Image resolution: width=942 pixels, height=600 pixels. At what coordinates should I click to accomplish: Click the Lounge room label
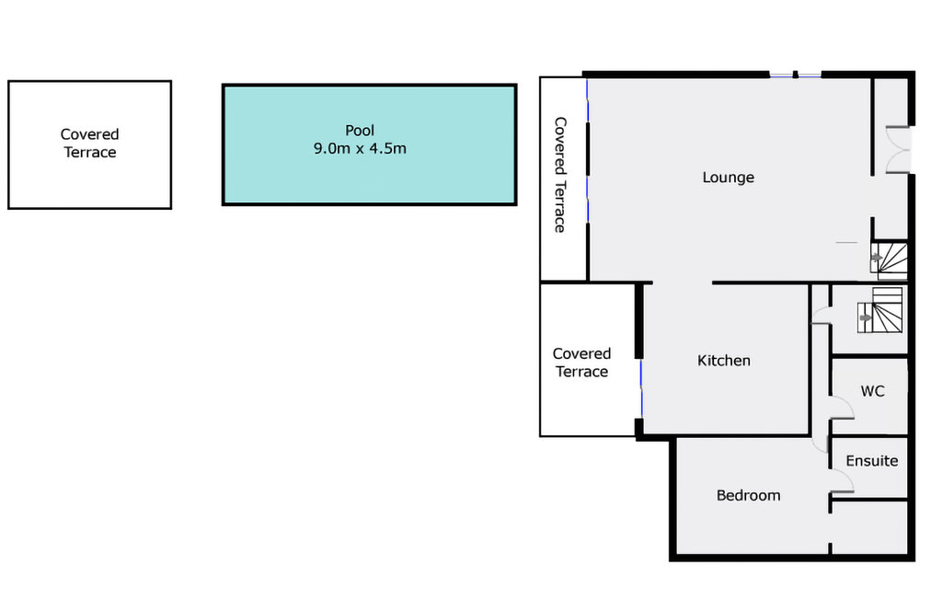coord(729,178)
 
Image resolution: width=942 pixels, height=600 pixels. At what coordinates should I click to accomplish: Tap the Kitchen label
coord(724,360)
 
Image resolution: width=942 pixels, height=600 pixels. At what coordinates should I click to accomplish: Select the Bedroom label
coord(749,495)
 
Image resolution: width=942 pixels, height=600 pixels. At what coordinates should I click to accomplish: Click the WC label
coord(872,391)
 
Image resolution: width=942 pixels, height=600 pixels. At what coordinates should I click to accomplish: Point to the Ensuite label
coord(872,461)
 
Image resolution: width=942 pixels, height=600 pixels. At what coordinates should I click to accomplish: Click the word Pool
coord(360,131)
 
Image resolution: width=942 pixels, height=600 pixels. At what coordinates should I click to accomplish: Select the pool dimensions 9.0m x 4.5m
coord(360,148)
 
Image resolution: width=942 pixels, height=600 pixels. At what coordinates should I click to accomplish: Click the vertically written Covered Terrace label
coord(560,175)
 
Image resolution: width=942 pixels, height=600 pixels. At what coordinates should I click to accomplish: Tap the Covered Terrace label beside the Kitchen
coord(581,363)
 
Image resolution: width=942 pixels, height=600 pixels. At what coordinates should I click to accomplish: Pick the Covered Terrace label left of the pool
coord(89,143)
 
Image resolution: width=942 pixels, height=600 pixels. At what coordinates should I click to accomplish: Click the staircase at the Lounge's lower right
coord(890,260)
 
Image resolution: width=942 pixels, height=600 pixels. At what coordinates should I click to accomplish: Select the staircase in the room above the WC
coord(880,310)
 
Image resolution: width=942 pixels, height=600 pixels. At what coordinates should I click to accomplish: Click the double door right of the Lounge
coord(899,150)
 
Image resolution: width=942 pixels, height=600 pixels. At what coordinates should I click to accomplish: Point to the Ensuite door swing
coord(843,480)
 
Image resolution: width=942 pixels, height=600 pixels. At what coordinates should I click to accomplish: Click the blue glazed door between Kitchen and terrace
coord(641,389)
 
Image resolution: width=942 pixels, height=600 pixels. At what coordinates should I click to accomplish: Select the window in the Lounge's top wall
coord(795,75)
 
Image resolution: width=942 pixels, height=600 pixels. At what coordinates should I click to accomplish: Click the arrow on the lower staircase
coord(866,318)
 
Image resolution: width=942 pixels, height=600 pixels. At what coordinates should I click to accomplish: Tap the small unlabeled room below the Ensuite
coord(869,526)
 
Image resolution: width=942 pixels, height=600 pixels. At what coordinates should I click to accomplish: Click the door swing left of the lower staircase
coord(821,317)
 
